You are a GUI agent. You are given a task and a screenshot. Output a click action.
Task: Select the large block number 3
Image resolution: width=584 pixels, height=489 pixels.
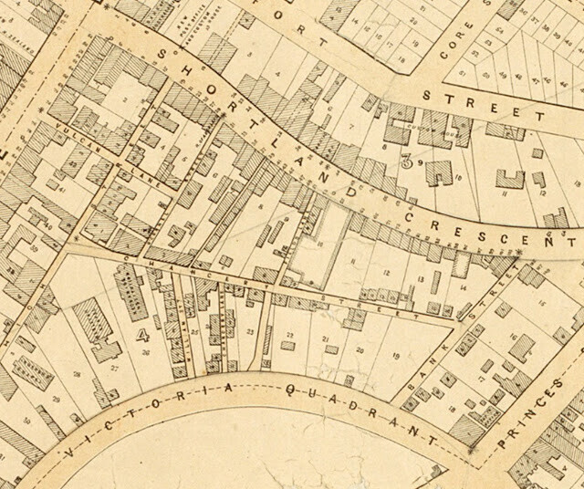407,161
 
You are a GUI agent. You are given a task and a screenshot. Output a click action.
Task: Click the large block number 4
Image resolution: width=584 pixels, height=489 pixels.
141,334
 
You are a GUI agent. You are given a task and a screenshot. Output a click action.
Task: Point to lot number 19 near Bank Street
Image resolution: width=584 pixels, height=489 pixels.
396,356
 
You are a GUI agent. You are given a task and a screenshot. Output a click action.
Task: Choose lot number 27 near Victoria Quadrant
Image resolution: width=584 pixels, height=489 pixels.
114,368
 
